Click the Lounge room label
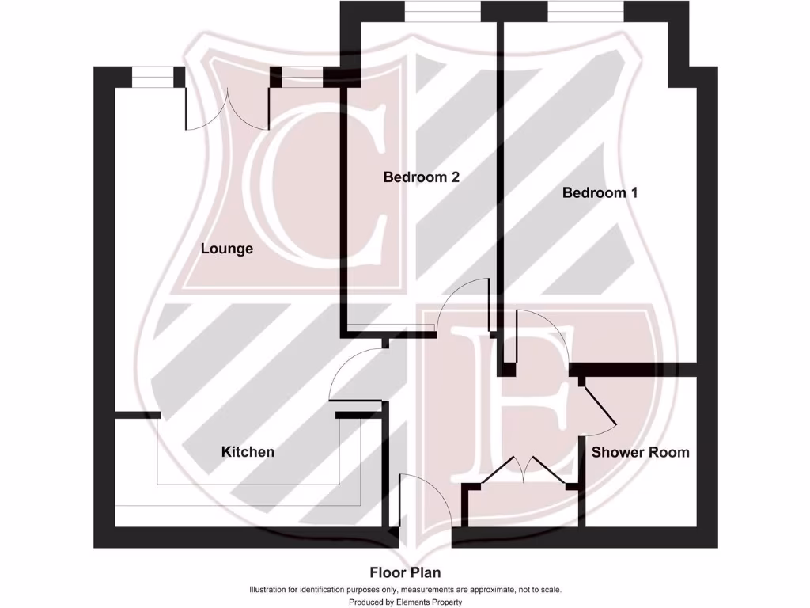coord(227,249)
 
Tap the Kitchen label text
coord(248,452)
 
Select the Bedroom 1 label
coord(600,192)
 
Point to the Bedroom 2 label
coord(421,177)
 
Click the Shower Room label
coord(640,452)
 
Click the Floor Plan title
coord(405,572)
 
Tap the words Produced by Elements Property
coord(405,602)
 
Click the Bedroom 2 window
coord(442,12)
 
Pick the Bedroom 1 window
coord(585,12)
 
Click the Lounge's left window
coord(152,77)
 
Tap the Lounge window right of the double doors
coord(303,77)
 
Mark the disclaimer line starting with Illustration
coord(405,590)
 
